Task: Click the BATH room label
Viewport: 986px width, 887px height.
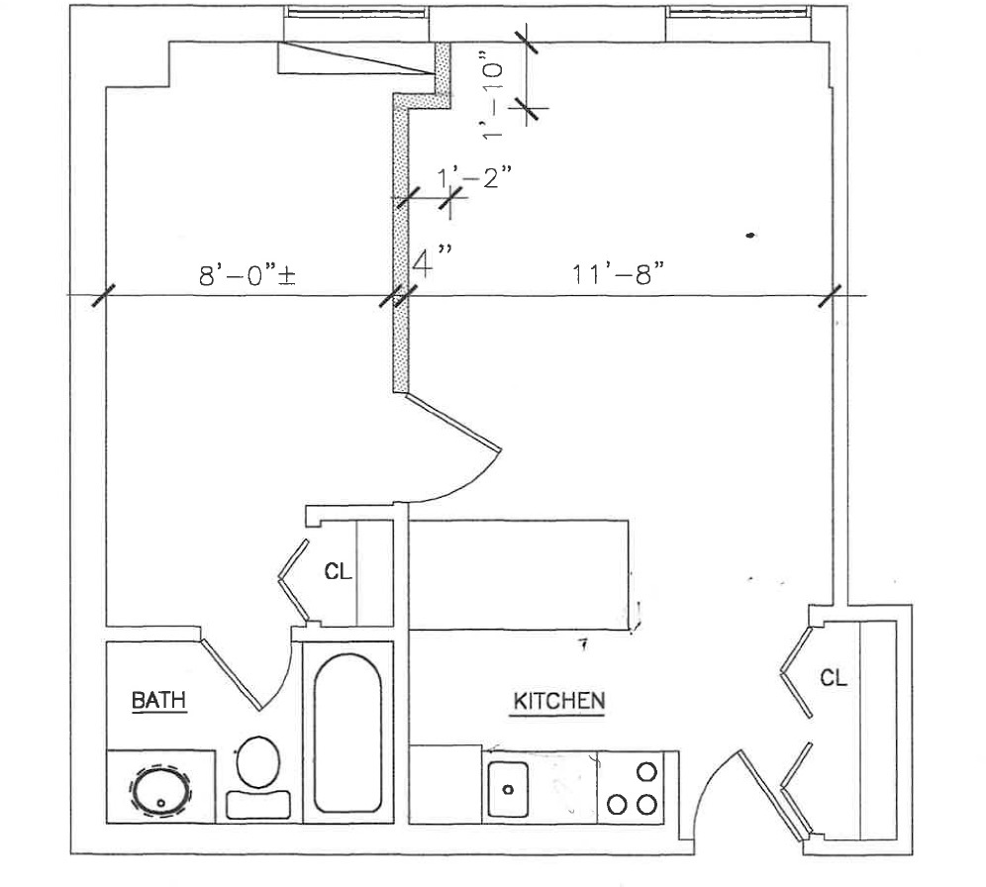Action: [x=159, y=701]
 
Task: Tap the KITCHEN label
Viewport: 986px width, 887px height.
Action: [x=558, y=702]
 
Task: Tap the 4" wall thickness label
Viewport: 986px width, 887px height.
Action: [x=432, y=263]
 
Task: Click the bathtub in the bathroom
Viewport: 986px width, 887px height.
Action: [x=347, y=732]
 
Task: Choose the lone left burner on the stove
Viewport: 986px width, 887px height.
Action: [x=616, y=803]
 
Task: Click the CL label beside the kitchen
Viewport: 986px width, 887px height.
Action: [x=834, y=678]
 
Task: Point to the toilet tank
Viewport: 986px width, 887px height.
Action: [x=258, y=804]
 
